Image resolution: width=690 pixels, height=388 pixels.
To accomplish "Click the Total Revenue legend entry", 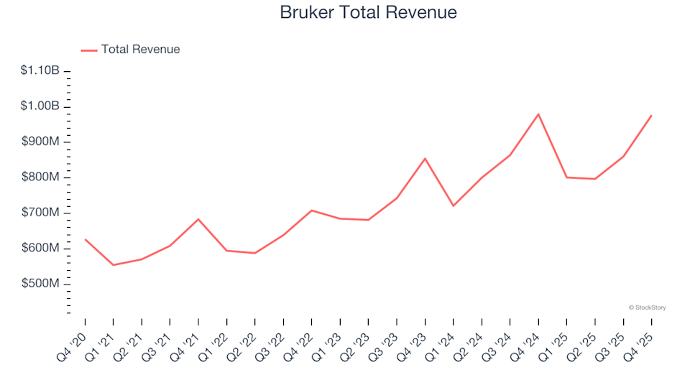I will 140,50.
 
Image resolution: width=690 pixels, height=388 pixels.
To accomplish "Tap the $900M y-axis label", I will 41,142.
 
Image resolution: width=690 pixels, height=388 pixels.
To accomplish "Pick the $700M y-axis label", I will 41,213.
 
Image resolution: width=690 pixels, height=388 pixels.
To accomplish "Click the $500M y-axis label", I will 41,284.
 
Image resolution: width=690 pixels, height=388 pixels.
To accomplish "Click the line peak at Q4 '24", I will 538,114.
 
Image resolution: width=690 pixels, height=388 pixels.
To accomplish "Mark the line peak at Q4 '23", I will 425,158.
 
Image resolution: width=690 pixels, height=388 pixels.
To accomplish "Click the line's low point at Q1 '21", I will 114,265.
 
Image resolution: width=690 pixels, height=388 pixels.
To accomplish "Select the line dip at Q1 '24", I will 454,206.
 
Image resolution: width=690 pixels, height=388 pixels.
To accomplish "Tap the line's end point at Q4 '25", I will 651,116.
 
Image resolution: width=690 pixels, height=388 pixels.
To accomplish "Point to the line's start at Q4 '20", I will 86,239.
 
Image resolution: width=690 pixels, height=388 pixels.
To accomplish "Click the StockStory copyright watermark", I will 647,308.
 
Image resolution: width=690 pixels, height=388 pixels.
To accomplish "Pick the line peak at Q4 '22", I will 312,211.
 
